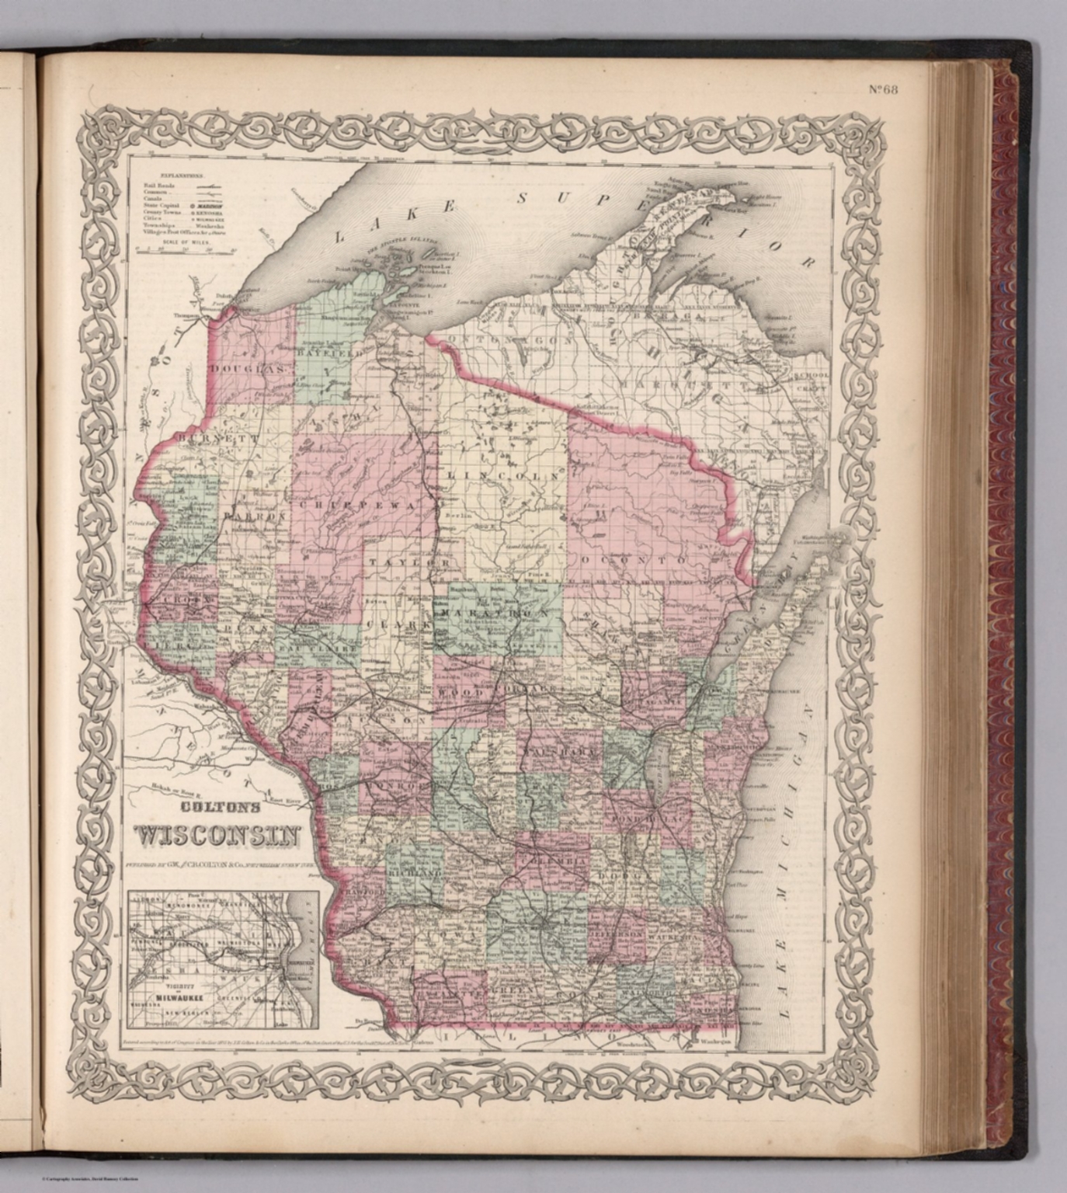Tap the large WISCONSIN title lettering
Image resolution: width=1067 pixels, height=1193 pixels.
click(219, 836)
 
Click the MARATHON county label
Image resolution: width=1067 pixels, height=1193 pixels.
click(495, 614)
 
